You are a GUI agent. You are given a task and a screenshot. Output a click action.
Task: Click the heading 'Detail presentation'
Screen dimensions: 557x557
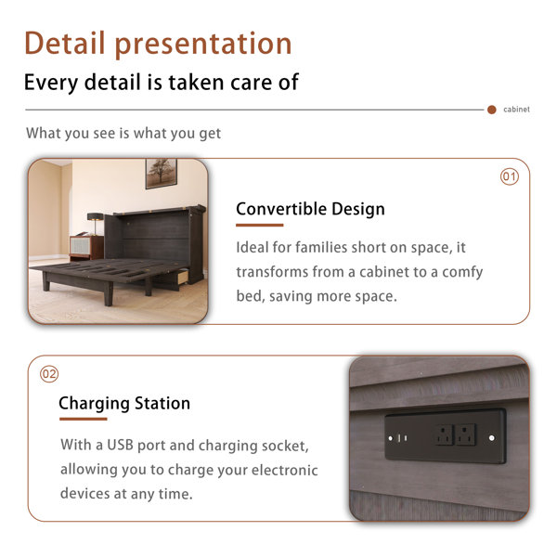click(x=158, y=45)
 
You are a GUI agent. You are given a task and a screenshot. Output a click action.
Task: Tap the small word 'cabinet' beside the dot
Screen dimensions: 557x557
click(x=516, y=110)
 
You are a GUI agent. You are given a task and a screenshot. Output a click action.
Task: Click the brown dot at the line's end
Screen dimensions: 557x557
click(x=492, y=110)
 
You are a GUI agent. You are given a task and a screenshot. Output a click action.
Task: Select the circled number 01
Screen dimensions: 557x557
click(x=510, y=176)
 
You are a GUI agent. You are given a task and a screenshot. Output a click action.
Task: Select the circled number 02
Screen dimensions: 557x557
click(x=49, y=374)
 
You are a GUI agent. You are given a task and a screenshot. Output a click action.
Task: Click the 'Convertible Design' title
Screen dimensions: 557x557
click(x=310, y=209)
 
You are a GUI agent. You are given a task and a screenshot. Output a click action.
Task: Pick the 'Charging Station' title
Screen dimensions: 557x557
click(x=124, y=404)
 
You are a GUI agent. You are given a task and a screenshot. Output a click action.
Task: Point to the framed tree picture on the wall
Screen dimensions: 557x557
click(x=161, y=174)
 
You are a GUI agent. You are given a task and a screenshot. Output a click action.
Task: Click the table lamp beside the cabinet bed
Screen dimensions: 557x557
click(x=95, y=224)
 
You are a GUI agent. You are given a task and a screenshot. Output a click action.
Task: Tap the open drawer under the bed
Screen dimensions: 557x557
click(x=182, y=277)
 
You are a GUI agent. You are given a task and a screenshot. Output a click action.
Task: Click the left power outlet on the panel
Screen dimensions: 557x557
click(x=445, y=434)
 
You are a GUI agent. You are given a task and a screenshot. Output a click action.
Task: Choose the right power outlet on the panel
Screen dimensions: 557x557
click(x=466, y=434)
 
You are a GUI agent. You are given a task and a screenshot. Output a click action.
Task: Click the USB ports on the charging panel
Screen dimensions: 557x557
click(x=402, y=438)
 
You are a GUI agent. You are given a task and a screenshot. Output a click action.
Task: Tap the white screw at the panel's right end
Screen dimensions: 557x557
click(x=492, y=437)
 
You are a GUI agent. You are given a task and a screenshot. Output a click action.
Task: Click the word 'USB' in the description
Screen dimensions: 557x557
click(x=120, y=445)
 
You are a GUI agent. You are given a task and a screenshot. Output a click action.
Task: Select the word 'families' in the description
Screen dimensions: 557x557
click(x=317, y=248)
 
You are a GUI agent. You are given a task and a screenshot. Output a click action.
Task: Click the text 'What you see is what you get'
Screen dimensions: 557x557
click(x=123, y=134)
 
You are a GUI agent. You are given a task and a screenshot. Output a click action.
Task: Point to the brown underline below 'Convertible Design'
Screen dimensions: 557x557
click(x=260, y=225)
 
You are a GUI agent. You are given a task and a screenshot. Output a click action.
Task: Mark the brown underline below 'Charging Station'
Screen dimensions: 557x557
click(x=84, y=419)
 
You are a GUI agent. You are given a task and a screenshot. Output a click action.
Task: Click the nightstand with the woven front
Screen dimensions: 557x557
click(x=86, y=247)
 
